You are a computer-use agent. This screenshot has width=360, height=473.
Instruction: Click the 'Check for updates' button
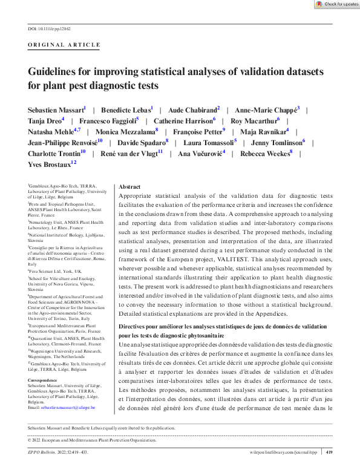pyautogui.click(x=337, y=4)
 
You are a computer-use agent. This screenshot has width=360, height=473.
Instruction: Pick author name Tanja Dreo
pyautogui.click(x=44, y=121)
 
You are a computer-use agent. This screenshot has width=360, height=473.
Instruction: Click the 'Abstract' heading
pyautogui.click(x=130, y=187)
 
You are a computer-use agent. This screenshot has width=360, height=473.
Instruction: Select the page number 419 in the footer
pyautogui.click(x=329, y=451)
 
